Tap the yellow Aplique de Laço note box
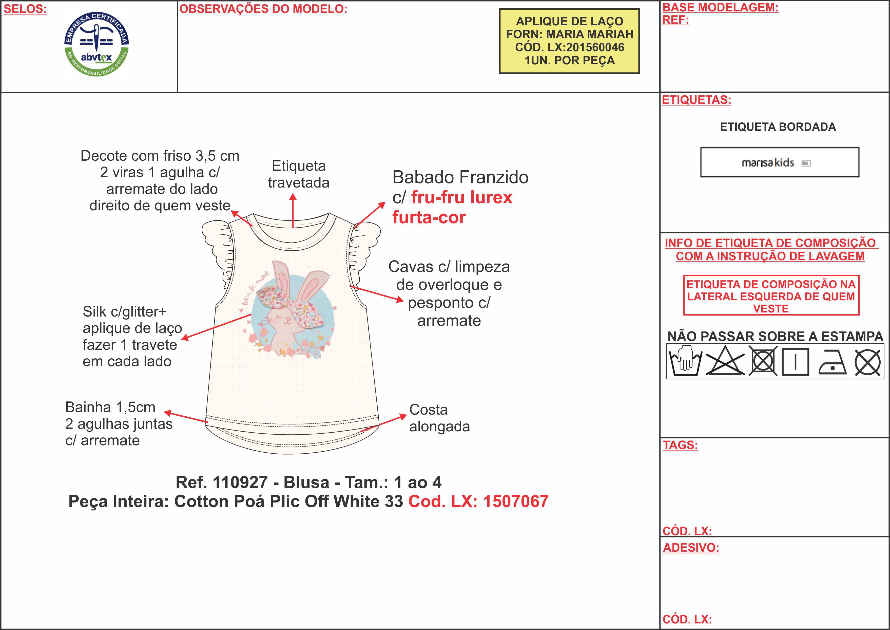pos(569,41)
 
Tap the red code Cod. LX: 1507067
pos(478,502)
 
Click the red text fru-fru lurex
pos(461,197)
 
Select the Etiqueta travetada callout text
pos(298,174)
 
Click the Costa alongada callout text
pos(439,418)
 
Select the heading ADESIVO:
pos(691,548)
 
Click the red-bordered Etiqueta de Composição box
pos(771,296)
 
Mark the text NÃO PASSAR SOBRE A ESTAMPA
pos(775,336)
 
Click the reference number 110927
pos(240,483)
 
